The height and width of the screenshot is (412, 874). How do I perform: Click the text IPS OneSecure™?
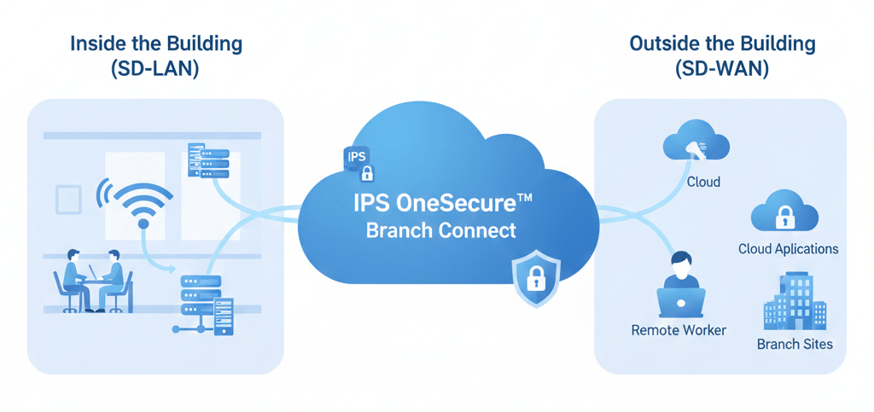(x=441, y=204)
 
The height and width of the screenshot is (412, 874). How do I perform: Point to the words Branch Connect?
(x=441, y=230)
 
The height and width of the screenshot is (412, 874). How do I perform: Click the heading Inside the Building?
(x=155, y=44)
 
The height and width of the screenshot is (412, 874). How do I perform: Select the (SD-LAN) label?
(x=155, y=70)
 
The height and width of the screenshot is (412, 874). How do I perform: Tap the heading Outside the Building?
(x=722, y=44)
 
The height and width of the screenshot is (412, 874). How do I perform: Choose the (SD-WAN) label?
(x=722, y=70)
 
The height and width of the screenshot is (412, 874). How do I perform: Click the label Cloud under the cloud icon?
(x=703, y=182)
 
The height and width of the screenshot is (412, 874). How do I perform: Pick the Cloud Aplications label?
(x=788, y=249)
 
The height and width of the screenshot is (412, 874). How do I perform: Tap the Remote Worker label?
(x=679, y=329)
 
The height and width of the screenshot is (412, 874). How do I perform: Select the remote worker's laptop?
(x=680, y=301)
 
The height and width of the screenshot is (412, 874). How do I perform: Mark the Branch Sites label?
(x=795, y=345)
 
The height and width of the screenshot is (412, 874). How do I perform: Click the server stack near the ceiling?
(x=207, y=160)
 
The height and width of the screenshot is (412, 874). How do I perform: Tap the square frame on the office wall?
(x=68, y=200)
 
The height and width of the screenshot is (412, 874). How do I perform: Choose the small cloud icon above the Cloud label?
(x=695, y=141)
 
